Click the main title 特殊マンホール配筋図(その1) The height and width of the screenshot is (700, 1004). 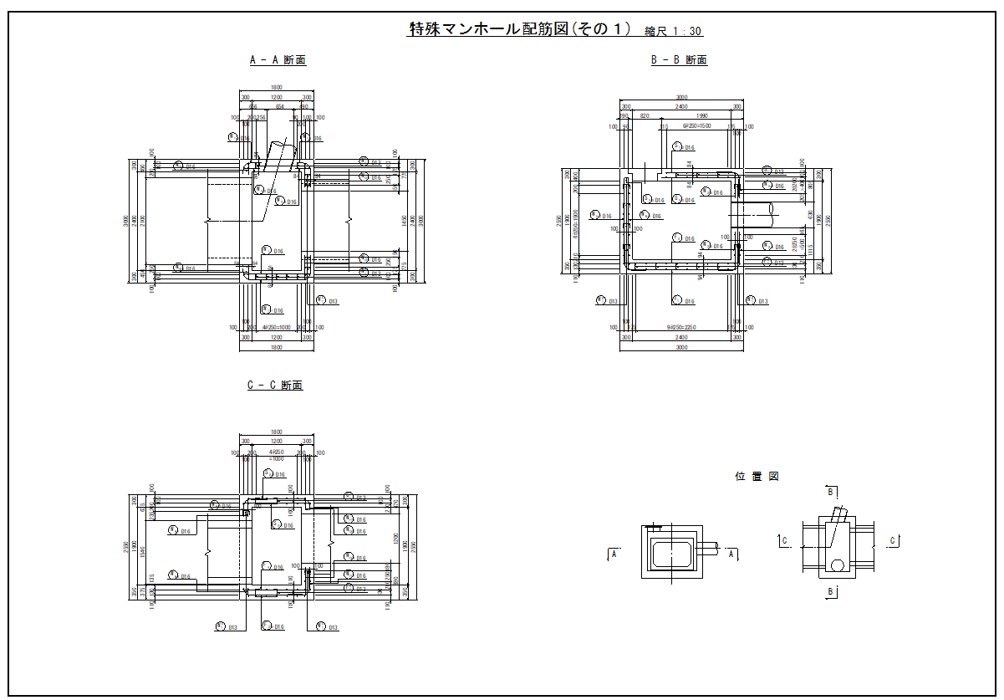518,29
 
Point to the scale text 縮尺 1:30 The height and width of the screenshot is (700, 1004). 673,32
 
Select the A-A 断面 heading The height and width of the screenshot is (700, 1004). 278,60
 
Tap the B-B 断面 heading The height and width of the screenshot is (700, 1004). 679,60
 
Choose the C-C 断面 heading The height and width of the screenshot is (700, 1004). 275,386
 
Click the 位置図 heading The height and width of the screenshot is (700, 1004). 757,476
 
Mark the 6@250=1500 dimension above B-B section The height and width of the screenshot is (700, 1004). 696,127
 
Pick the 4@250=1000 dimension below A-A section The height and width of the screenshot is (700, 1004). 276,328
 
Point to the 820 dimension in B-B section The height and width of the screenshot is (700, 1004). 645,116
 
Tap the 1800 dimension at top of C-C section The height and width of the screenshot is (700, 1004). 276,432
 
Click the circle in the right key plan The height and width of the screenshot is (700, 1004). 836,565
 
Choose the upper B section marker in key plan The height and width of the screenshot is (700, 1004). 830,492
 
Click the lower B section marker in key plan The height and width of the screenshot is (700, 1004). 830,591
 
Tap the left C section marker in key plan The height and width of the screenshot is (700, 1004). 784,541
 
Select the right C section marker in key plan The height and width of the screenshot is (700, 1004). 892,541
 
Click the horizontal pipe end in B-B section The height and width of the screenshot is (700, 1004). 773,216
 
